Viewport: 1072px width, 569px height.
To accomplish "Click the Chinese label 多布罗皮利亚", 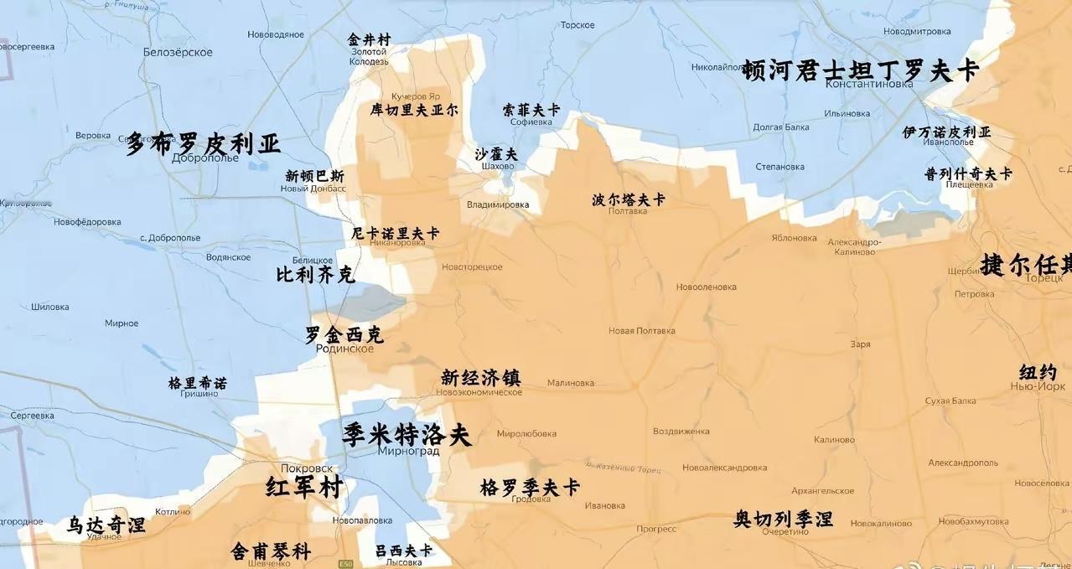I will pos(204,143).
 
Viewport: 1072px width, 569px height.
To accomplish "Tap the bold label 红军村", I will pos(303,487).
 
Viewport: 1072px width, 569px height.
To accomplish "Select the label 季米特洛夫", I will pos(407,435).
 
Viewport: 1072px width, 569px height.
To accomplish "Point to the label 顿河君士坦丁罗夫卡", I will pos(860,70).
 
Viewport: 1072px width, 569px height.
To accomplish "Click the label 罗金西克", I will pos(344,334).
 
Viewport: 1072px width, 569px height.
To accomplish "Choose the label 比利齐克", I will pos(315,274).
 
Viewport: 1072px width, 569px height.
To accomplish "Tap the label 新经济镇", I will pos(481,378).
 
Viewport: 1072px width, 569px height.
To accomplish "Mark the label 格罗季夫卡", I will pos(530,487).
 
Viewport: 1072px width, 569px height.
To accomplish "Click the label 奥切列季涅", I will pos(784,519).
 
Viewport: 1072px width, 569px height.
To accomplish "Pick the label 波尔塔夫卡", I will pos(629,199).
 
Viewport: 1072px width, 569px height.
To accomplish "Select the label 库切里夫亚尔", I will pos(414,110).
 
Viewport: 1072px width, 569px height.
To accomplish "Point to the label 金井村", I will pos(369,39).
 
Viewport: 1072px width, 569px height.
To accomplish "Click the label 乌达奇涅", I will pos(106,525).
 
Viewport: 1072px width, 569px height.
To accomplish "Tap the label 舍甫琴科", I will pos(271,551).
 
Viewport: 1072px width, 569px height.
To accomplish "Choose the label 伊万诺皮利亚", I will pos(946,132).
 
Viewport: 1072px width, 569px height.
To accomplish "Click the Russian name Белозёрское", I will pos(178,52).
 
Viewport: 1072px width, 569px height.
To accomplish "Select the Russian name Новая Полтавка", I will pos(641,331).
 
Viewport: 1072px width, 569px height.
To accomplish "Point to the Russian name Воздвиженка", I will pos(681,432).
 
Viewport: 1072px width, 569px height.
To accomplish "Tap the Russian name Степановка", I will pos(779,167).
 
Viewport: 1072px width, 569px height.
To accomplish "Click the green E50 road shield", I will pos(346,564).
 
